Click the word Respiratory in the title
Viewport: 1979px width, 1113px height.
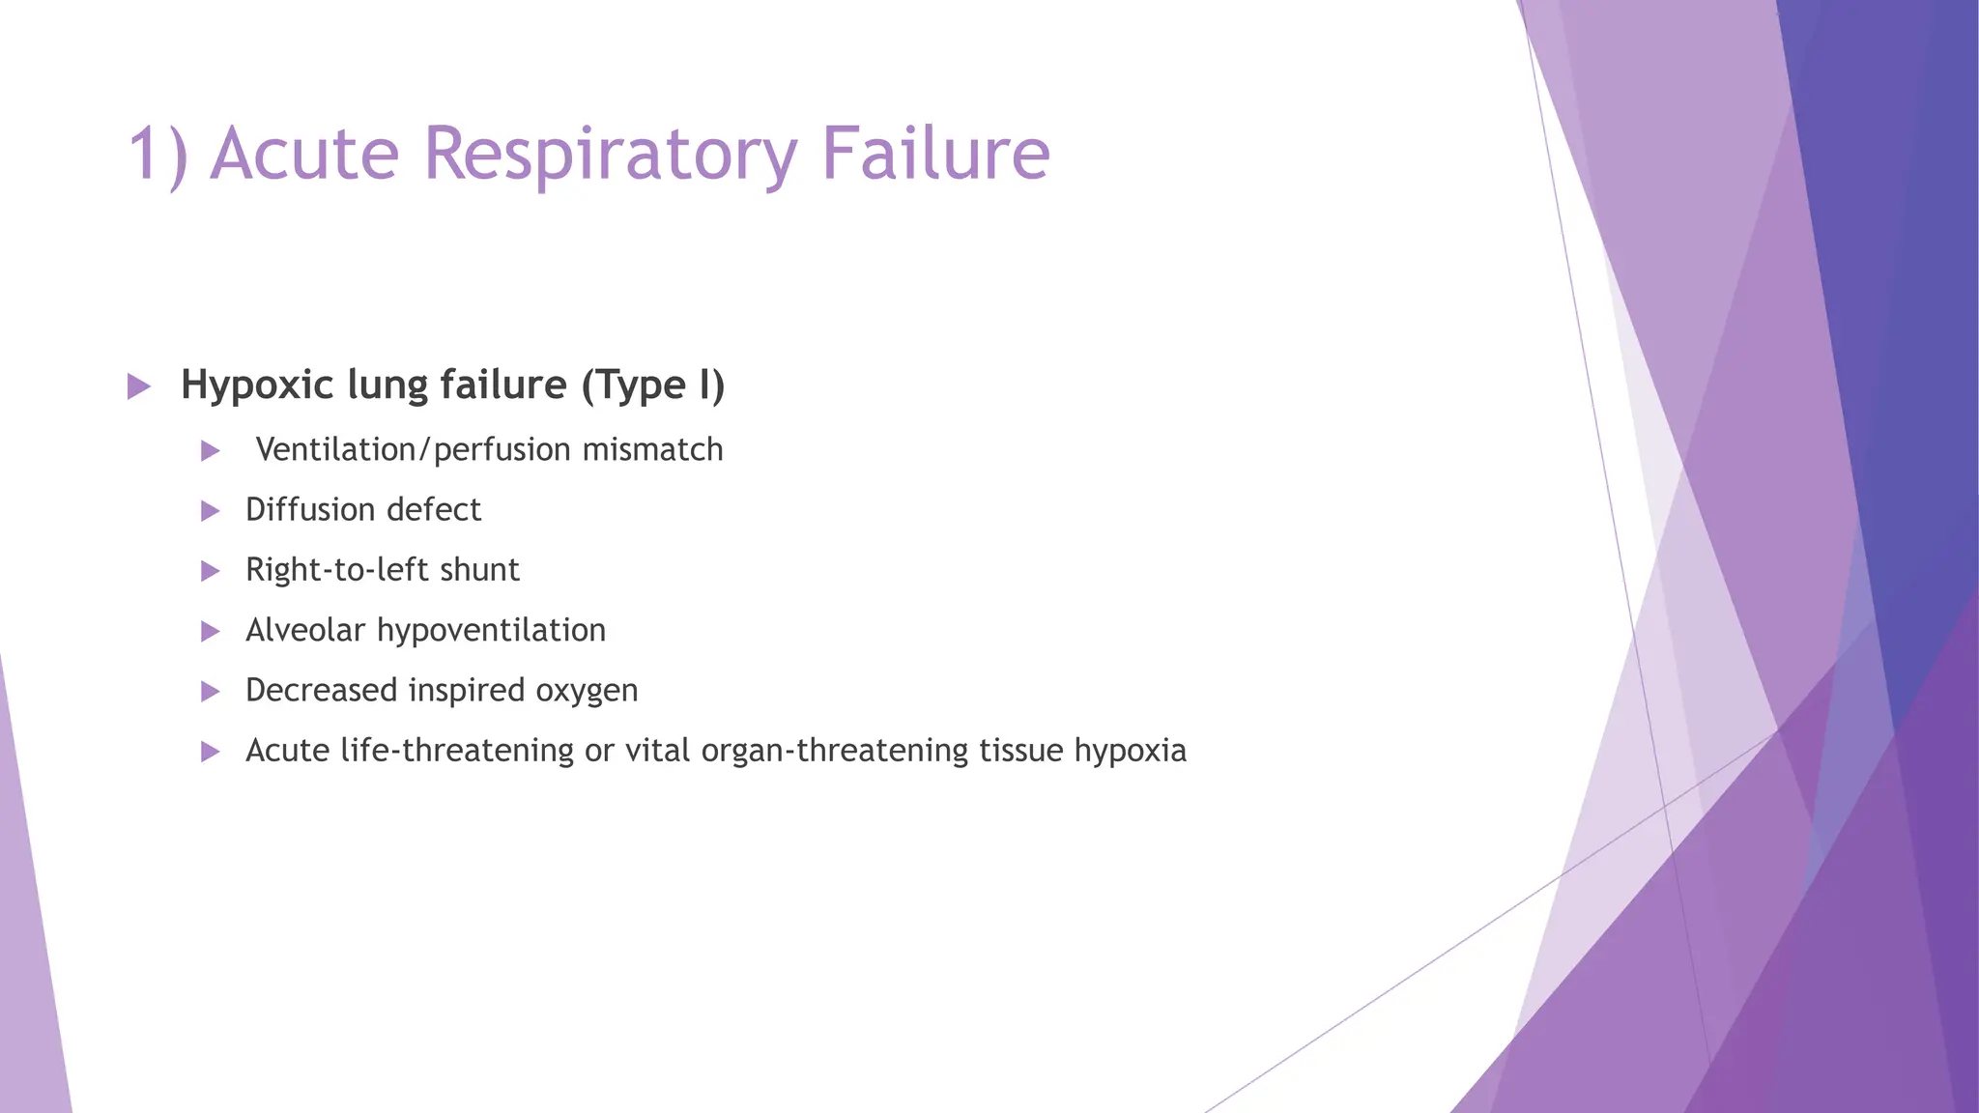click(611, 155)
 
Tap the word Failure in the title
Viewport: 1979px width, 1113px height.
click(935, 155)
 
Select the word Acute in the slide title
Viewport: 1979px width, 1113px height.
click(304, 155)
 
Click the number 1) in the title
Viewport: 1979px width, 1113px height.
click(158, 155)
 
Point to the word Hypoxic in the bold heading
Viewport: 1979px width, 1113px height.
click(257, 385)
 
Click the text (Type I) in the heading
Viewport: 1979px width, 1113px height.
click(652, 385)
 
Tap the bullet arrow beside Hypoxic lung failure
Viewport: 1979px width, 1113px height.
click(139, 387)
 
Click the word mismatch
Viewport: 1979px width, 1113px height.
click(652, 450)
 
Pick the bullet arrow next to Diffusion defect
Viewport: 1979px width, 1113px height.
click(210, 511)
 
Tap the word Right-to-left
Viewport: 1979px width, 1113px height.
click(337, 570)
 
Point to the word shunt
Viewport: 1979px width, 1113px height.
click(479, 570)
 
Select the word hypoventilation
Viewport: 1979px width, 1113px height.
click(491, 631)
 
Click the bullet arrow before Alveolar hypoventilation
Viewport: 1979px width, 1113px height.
click(210, 632)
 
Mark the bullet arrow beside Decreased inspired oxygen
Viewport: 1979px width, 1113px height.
click(210, 692)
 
